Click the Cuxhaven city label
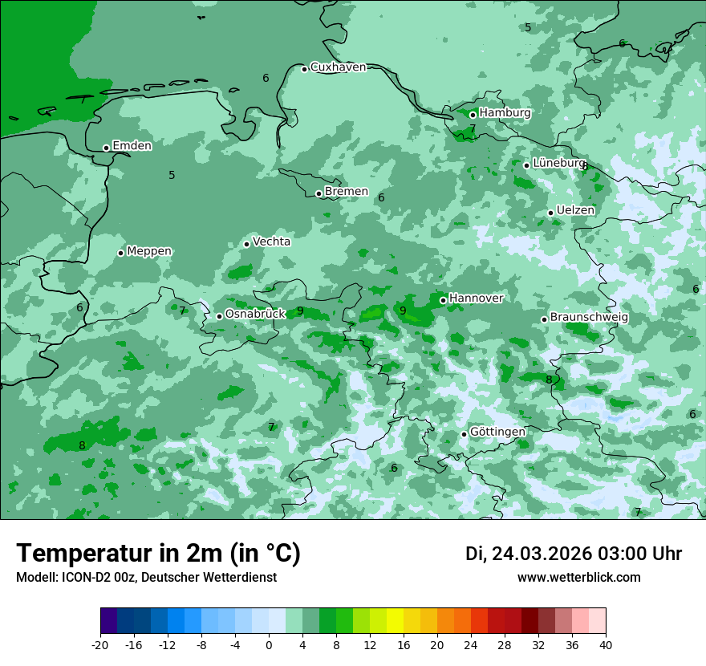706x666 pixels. pyautogui.click(x=338, y=67)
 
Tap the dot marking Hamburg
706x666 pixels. pyautogui.click(x=473, y=115)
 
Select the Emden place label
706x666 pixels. pyautogui.click(x=132, y=146)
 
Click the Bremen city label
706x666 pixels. pyautogui.click(x=346, y=192)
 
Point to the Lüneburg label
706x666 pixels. pyautogui.click(x=559, y=163)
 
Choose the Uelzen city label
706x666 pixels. pyautogui.click(x=575, y=210)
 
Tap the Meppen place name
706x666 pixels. pyautogui.click(x=149, y=251)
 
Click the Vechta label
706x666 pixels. pyautogui.click(x=271, y=242)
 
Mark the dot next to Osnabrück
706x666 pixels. pyautogui.click(x=219, y=316)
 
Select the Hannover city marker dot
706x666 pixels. pyautogui.click(x=443, y=300)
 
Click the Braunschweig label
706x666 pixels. pyautogui.click(x=589, y=318)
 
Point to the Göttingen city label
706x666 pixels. pyautogui.click(x=497, y=432)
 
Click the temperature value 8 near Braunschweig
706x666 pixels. pyautogui.click(x=549, y=380)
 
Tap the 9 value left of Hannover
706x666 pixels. pyautogui.click(x=403, y=311)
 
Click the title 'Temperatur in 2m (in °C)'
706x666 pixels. pyautogui.click(x=159, y=553)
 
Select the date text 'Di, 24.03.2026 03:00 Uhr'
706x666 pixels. pyautogui.click(x=573, y=554)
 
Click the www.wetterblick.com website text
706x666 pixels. pyautogui.click(x=578, y=578)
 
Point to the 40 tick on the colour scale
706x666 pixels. pyautogui.click(x=605, y=644)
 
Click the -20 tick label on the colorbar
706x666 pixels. pyautogui.click(x=100, y=644)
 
